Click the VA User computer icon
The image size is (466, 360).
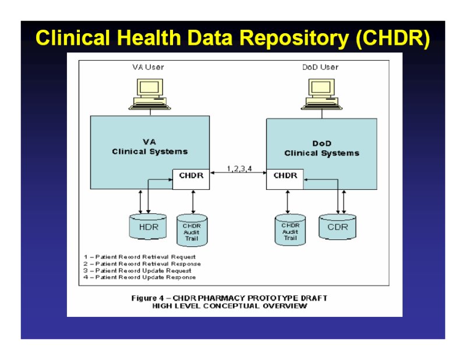(x=150, y=94)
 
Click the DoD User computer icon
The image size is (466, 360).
(x=322, y=94)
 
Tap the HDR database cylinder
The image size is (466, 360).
(x=148, y=227)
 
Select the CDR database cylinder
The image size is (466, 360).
(x=337, y=227)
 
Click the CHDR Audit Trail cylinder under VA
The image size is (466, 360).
(x=192, y=231)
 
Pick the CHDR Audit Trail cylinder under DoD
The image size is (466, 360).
(x=290, y=230)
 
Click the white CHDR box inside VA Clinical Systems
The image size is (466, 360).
(x=191, y=179)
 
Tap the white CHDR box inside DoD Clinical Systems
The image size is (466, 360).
(x=285, y=179)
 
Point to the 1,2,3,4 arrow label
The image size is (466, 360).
(x=239, y=168)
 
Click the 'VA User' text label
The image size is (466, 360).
(x=148, y=67)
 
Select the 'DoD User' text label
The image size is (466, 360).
(x=320, y=67)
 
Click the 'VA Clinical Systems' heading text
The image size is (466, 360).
(x=150, y=147)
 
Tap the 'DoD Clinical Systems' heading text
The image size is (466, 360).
(x=322, y=149)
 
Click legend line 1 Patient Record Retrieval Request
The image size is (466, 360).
(x=139, y=257)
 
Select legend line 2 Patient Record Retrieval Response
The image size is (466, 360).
(x=142, y=264)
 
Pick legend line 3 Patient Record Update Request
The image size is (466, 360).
(x=137, y=270)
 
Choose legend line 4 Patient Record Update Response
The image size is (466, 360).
(x=139, y=277)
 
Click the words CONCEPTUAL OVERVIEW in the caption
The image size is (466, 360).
(x=255, y=306)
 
